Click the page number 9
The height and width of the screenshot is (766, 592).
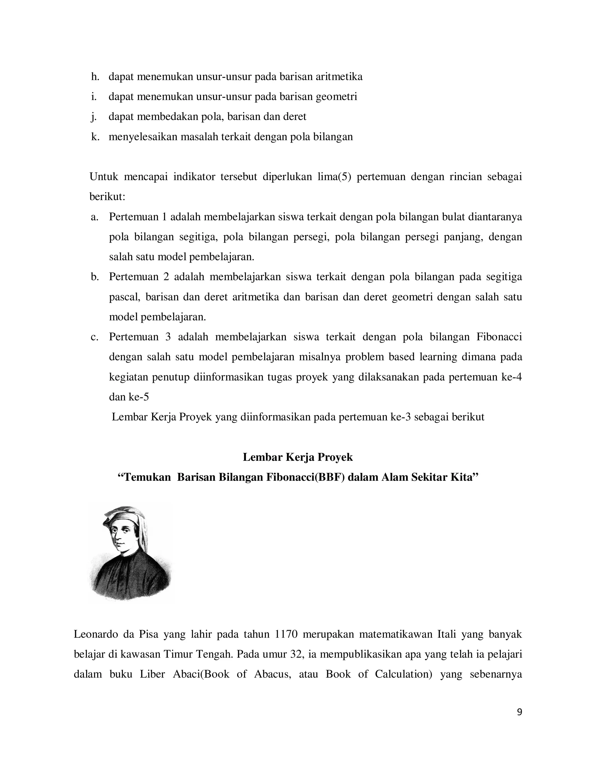pyautogui.click(x=519, y=712)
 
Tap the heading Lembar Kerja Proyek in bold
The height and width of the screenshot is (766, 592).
pyautogui.click(x=298, y=457)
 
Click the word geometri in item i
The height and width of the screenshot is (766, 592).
pyautogui.click(x=336, y=97)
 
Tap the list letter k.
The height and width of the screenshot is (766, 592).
pyautogui.click(x=95, y=136)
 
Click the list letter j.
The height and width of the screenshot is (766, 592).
pyautogui.click(x=94, y=117)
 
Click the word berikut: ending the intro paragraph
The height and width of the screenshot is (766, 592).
pyautogui.click(x=107, y=197)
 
